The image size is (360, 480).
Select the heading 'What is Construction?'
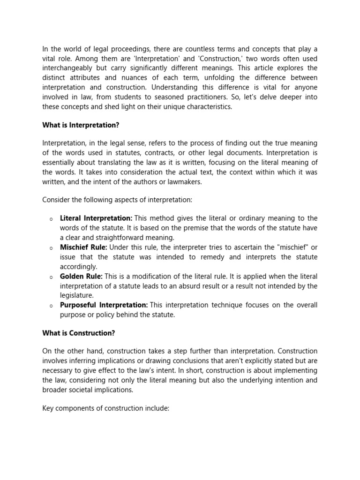[79, 333]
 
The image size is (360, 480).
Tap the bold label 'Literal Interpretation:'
[96, 218]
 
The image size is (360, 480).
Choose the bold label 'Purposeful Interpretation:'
[104, 305]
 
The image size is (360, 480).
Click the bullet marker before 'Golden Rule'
[51, 277]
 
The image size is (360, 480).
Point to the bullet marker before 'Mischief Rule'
[51, 247]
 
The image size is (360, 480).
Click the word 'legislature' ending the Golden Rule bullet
[76, 296]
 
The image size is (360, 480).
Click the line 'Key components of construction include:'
[105, 408]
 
